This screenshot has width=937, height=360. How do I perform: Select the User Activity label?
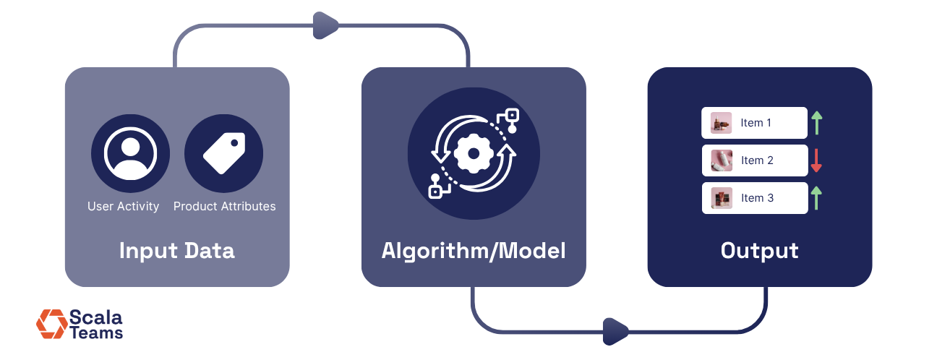[123, 206]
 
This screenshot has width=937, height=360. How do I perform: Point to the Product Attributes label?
[225, 206]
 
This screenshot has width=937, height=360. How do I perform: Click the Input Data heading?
[177, 251]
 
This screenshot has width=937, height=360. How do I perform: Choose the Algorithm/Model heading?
[474, 251]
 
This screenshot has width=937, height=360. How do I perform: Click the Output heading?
[759, 251]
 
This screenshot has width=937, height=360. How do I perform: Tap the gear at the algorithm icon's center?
[474, 153]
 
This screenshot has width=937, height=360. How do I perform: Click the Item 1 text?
[756, 123]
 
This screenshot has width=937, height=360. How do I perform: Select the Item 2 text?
[757, 160]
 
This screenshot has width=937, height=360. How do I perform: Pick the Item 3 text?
[757, 198]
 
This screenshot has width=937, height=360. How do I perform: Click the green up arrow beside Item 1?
[816, 123]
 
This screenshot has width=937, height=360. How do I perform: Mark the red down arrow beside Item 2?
[816, 160]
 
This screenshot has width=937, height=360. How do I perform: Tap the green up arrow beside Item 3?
[816, 198]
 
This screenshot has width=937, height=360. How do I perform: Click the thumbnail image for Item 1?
[721, 123]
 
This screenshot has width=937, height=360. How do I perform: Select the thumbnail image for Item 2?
[721, 160]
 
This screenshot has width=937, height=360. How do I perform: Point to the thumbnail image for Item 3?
[721, 198]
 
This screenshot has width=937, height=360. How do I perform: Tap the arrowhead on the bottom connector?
[617, 332]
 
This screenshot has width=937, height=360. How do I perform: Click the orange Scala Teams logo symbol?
[51, 324]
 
